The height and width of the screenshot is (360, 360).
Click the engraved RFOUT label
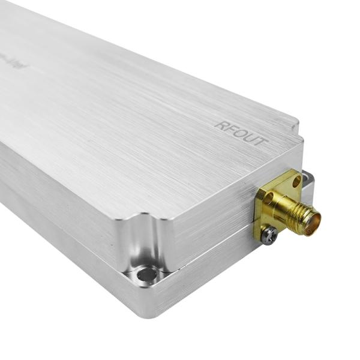pos(240,133)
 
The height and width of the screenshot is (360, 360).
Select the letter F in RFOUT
pos(229,128)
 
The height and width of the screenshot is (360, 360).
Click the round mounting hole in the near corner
pos(146,275)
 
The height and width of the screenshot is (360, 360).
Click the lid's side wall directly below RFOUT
pos(222,198)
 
